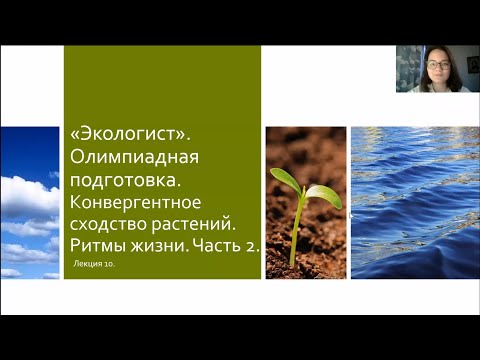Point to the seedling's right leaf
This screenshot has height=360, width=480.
(323, 194)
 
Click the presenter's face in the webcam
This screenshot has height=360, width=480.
(436, 68)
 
